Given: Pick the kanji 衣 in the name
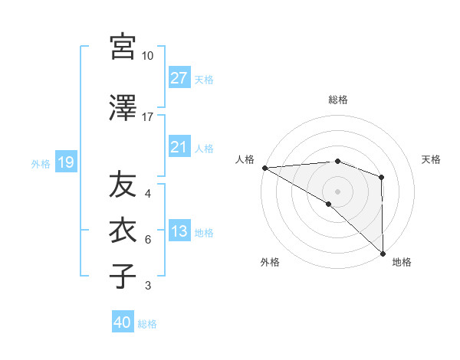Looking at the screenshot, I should tap(123, 231).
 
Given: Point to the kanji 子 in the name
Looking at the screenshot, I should tap(123, 275).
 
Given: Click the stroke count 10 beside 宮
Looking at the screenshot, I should tap(147, 56).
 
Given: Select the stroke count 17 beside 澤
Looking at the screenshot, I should tap(147, 117).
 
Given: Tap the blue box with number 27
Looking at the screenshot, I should tap(179, 78).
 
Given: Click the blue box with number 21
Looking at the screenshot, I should tap(179, 148).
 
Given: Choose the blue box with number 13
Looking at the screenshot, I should tap(179, 232).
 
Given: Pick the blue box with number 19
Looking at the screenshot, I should tap(65, 162).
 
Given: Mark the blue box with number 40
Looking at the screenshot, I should tap(123, 323).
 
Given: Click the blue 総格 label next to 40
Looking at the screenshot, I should tap(147, 324).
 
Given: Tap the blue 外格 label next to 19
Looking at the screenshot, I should tap(41, 163).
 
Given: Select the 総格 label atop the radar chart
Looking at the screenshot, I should tap(337, 100).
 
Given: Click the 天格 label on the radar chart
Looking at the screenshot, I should tap(432, 159).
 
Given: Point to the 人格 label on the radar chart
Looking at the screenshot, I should tap(245, 159).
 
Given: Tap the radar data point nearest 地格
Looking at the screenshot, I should tap(383, 253).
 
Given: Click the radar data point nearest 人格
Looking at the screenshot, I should tap(264, 167).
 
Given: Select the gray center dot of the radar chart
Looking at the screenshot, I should tap(337, 190).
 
